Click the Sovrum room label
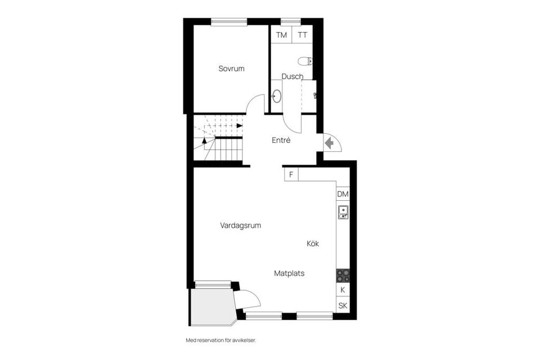231,69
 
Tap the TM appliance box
281,35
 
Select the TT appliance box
303,35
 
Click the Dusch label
292,76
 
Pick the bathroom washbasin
276,96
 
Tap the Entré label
281,141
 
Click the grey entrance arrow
330,143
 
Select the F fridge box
291,174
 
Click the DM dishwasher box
343,194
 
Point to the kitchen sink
343,212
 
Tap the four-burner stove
343,276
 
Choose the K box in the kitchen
343,290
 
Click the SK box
343,305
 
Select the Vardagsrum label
240,226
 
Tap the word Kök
313,244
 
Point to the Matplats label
289,273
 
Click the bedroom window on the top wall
229,22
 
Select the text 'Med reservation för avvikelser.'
224,340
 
